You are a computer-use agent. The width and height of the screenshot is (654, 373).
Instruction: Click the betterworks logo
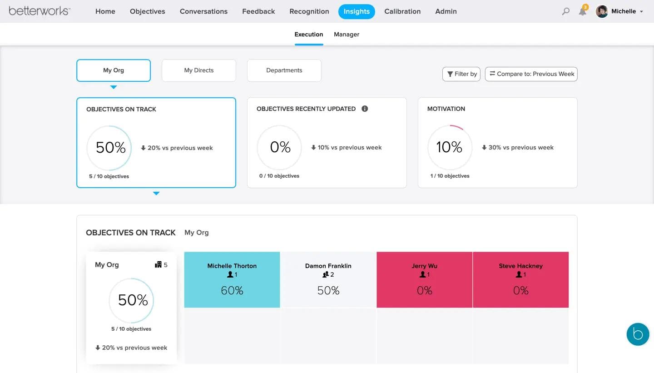(x=40, y=11)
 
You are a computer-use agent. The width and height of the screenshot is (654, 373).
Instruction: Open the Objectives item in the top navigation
(x=147, y=11)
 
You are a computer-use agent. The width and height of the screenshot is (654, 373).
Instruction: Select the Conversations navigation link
(x=203, y=11)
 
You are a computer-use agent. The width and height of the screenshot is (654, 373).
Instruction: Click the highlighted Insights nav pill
(x=356, y=11)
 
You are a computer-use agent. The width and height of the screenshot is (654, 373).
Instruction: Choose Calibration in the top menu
(x=402, y=11)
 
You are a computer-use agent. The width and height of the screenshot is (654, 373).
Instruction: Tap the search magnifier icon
(x=565, y=11)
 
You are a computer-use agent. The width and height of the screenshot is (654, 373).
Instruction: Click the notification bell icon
(x=582, y=11)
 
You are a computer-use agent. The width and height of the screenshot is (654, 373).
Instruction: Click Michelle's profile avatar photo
(x=602, y=11)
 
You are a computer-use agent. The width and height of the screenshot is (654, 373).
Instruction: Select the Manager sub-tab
(x=346, y=35)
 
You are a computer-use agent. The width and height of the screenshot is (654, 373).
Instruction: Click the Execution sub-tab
(x=308, y=35)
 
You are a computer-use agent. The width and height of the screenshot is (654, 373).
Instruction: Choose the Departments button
(x=284, y=70)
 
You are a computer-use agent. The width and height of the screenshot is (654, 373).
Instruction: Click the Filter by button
(x=461, y=74)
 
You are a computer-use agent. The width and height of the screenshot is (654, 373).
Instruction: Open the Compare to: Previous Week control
(x=531, y=74)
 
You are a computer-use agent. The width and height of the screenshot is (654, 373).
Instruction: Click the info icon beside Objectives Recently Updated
(x=364, y=109)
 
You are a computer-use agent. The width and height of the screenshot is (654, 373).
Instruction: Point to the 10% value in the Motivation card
(x=449, y=147)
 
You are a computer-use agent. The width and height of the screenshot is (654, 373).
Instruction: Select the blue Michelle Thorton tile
(x=232, y=279)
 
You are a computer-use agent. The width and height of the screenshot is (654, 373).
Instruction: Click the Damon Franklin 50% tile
(x=328, y=279)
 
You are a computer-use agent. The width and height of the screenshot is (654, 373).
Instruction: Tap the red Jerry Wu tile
(x=424, y=279)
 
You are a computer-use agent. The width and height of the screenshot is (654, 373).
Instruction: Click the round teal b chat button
(x=638, y=334)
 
